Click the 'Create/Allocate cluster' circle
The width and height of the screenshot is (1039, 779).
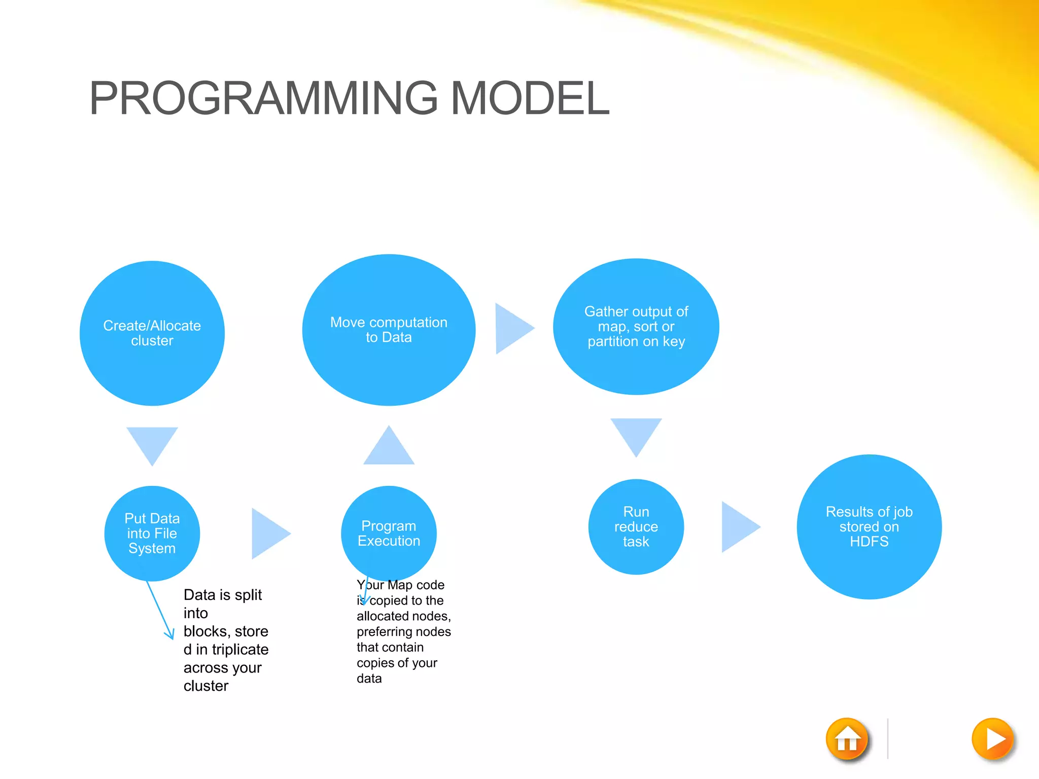[152, 333]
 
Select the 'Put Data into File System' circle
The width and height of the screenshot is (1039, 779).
[152, 534]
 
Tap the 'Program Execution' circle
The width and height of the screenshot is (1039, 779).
[389, 534]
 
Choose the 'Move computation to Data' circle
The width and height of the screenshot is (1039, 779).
[389, 330]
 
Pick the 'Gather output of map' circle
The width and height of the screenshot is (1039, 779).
[636, 327]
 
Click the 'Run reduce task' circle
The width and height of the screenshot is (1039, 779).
[636, 526]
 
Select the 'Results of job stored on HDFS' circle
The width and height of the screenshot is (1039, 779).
[869, 526]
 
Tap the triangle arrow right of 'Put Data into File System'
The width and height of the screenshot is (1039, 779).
[267, 534]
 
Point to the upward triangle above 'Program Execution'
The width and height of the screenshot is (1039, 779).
[389, 449]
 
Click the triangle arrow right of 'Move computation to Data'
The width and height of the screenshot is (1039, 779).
[511, 329]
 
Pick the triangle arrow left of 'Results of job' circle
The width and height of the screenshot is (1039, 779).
[737, 527]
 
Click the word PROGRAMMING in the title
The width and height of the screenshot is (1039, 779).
[263, 98]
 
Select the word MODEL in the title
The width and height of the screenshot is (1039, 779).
[530, 98]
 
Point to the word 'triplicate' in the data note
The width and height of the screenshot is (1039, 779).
[240, 650]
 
